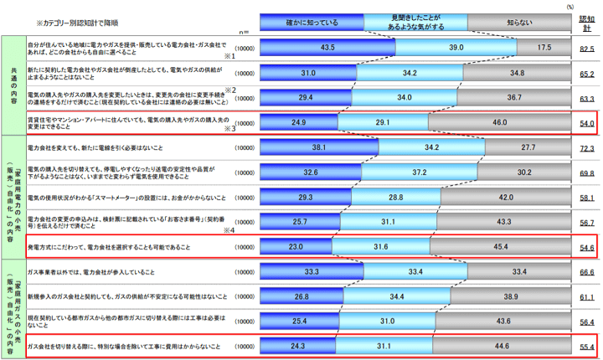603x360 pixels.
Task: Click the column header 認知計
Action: click(588, 23)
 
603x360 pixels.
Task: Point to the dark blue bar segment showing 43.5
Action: click(327, 49)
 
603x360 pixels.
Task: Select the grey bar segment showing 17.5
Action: click(544, 49)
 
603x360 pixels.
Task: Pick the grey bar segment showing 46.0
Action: click(499, 122)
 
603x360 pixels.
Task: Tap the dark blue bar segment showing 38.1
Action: click(319, 147)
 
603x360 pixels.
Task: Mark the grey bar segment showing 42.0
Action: click(505, 198)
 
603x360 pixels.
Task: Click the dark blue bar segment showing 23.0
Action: click(296, 247)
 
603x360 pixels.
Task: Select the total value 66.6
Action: click(588, 272)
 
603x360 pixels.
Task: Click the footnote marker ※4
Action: click(227, 230)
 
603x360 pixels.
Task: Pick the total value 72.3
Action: click(588, 148)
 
